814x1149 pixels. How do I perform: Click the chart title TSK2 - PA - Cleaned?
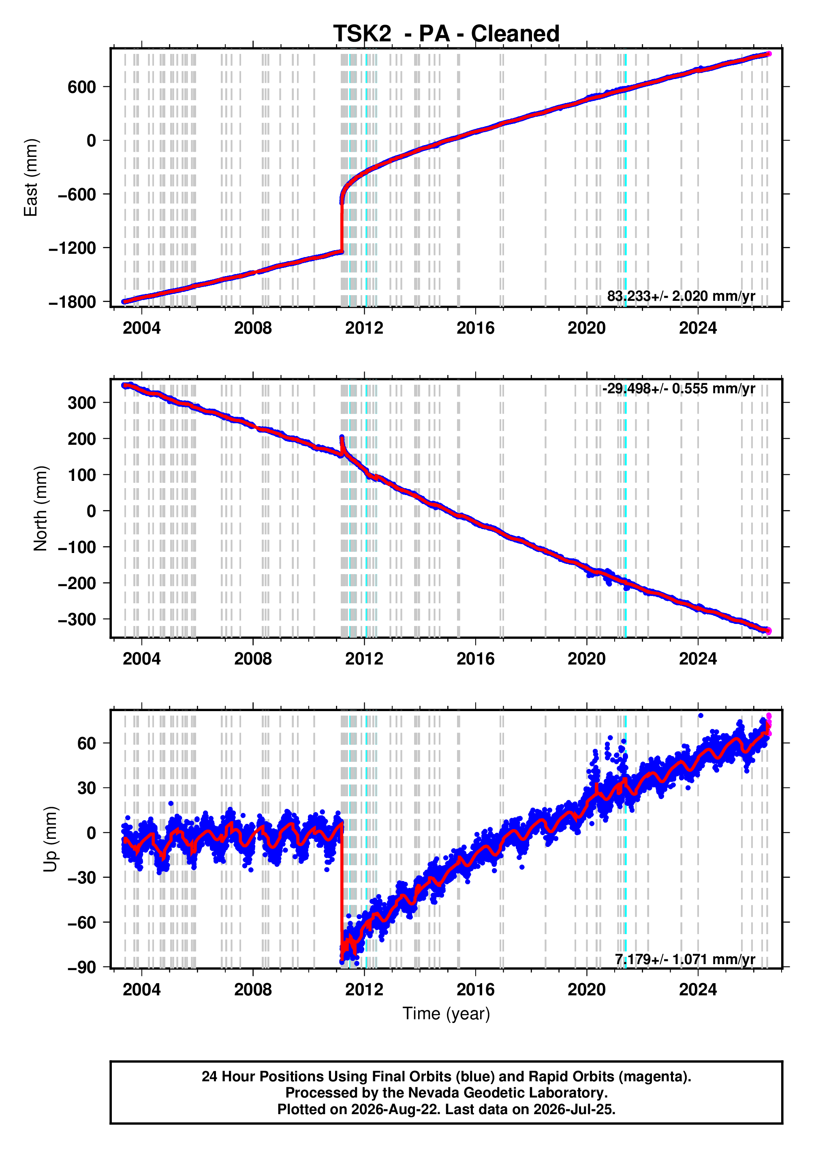click(446, 34)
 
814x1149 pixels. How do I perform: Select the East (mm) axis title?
click(30, 178)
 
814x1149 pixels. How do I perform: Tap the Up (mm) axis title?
click(50, 840)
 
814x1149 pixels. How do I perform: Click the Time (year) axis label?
click(446, 1014)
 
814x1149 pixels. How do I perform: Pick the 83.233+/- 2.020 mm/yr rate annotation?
click(681, 296)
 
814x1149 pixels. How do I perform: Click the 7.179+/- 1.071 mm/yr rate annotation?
click(685, 959)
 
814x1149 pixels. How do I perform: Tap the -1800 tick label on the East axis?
click(72, 302)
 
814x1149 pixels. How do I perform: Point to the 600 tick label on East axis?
click(82, 87)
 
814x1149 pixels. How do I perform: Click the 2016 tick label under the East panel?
click(475, 328)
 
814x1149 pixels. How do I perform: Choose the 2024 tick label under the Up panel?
click(698, 990)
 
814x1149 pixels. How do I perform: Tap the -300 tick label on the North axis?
click(77, 620)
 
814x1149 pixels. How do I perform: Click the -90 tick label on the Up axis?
click(82, 967)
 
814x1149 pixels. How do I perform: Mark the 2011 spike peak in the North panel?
click(342, 437)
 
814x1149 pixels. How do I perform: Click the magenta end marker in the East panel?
click(769, 54)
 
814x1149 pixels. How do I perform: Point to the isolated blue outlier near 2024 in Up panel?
click(701, 716)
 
